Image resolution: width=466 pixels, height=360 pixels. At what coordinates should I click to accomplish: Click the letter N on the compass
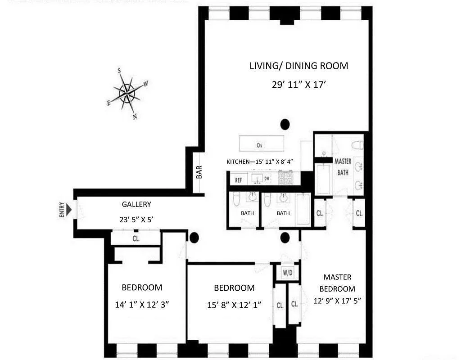[x=134, y=116]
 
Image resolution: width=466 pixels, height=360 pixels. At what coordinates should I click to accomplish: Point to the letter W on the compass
[x=146, y=84]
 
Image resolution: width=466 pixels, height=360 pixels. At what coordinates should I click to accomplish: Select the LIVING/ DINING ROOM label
[x=299, y=66]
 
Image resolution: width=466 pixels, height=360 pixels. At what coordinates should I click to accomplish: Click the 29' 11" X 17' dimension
[x=299, y=85]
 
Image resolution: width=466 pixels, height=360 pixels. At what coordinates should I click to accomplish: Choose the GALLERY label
[x=136, y=204]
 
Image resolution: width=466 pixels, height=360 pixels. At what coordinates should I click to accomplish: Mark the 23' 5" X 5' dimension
[x=136, y=220]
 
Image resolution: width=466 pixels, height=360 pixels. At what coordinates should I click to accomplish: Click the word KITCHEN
[x=237, y=162]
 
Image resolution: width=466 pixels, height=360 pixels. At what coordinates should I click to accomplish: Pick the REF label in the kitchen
[x=239, y=180]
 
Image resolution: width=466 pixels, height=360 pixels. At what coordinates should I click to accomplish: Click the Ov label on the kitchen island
[x=259, y=145]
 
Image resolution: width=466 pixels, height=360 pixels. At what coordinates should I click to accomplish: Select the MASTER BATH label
[x=343, y=166]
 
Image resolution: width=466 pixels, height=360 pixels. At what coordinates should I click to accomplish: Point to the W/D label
[x=287, y=272]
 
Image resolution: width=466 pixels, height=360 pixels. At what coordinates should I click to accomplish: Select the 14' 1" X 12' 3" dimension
[x=142, y=305]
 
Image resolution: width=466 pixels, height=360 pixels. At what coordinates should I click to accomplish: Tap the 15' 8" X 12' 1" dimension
[x=234, y=305]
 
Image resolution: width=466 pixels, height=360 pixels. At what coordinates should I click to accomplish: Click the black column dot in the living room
[x=285, y=124]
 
